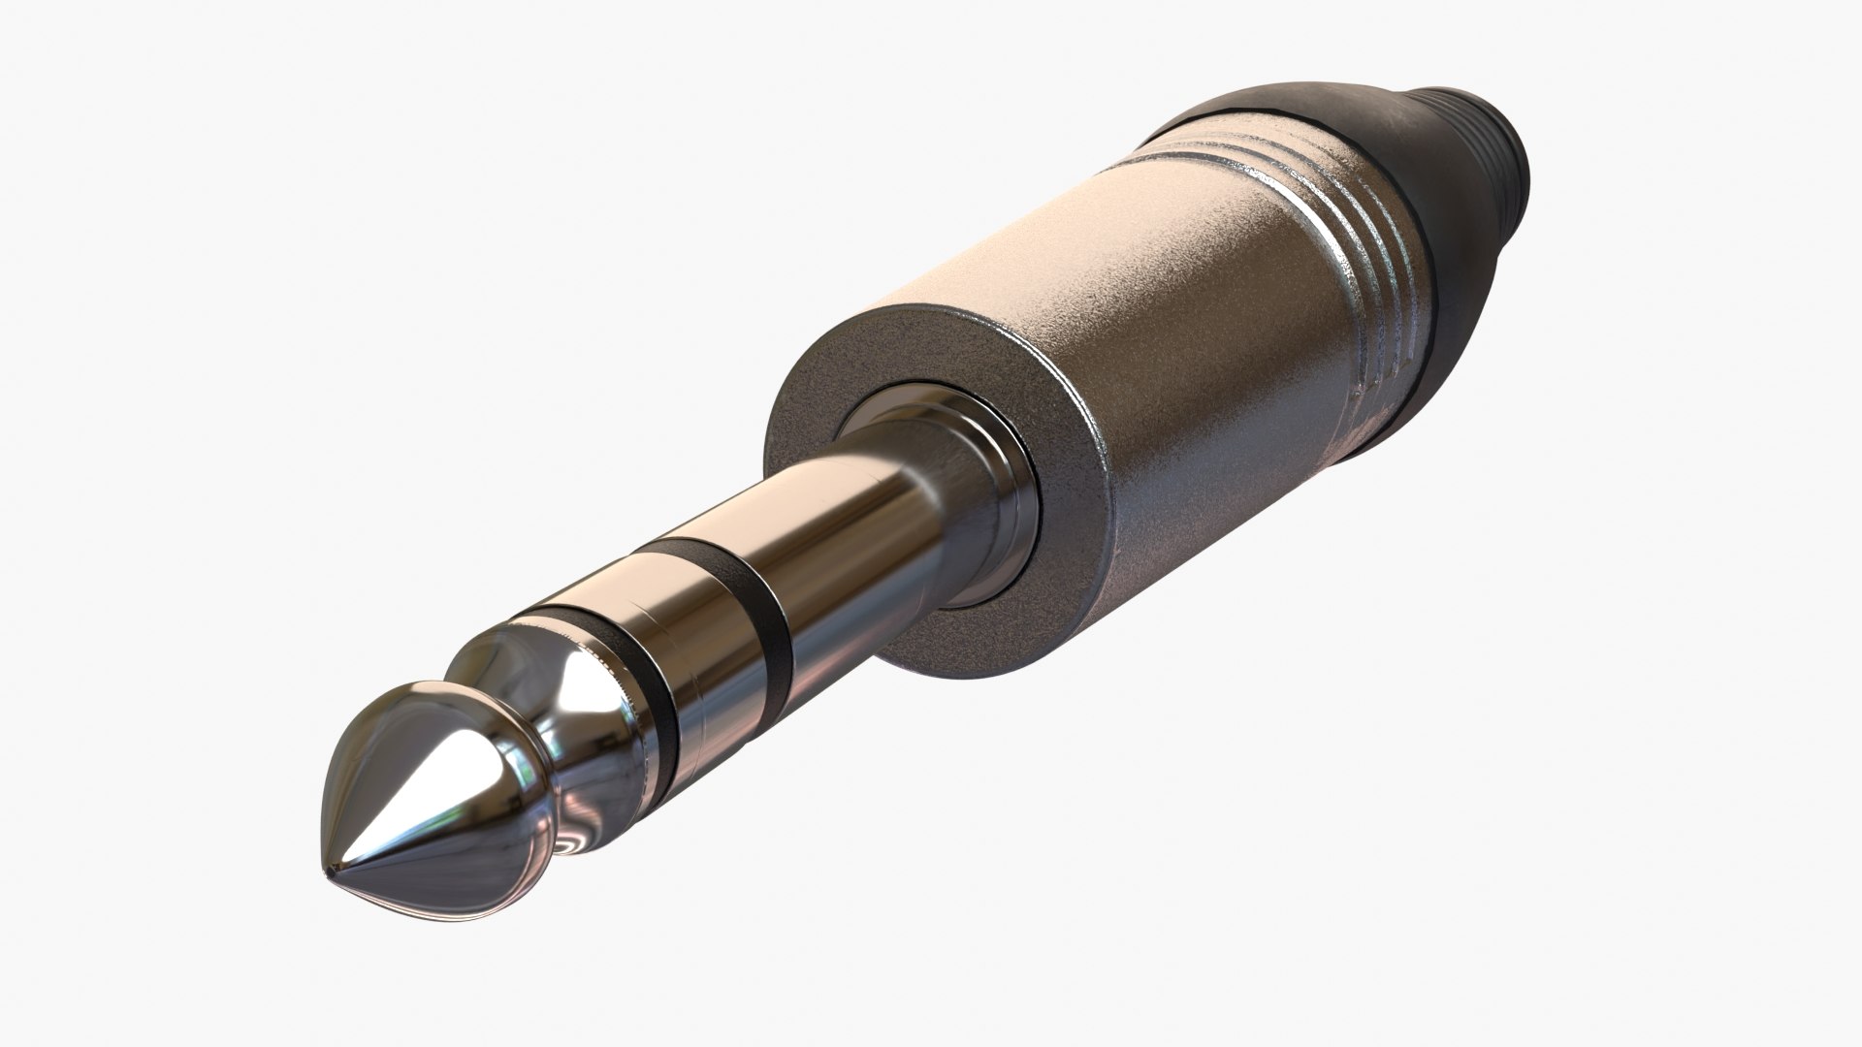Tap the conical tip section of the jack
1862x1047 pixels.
(x=407, y=776)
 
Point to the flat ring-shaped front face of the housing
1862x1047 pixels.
(x=834, y=388)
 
